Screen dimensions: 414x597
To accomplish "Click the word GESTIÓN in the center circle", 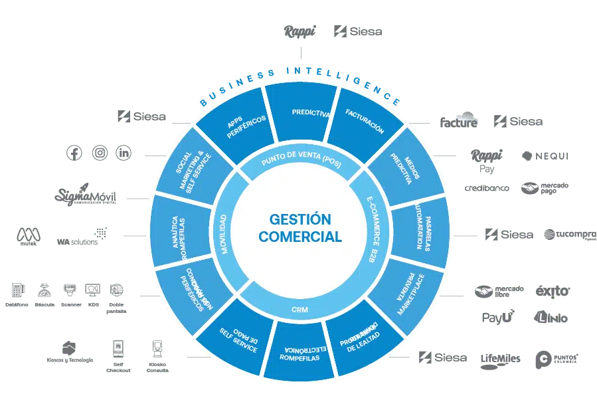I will (299, 219).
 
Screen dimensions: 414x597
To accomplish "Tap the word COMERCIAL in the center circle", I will (299, 237).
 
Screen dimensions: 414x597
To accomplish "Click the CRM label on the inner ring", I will (299, 309).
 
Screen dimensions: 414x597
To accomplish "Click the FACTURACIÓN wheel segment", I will (365, 122).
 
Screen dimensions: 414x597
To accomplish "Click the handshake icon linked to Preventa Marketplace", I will (483, 290).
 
